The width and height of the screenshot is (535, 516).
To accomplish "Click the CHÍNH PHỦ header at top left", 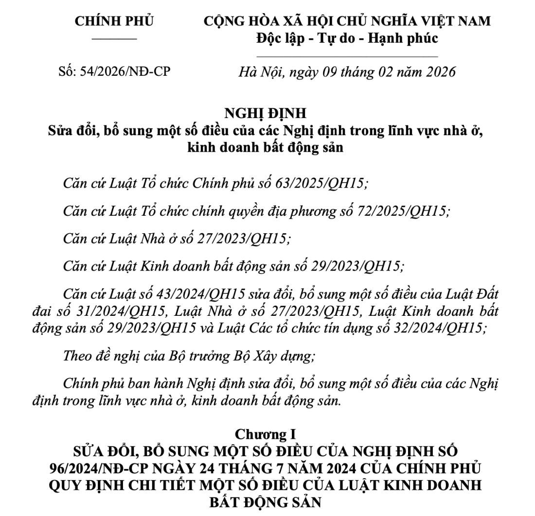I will tap(114, 21).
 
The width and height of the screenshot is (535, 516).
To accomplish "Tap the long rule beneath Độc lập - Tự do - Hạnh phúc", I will tap(347, 56).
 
